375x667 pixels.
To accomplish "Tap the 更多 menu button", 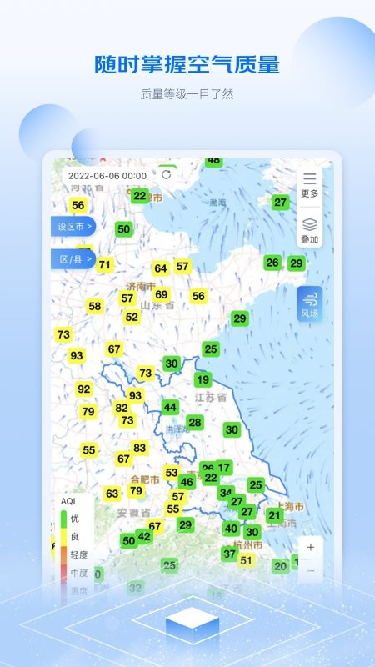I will pyautogui.click(x=310, y=184).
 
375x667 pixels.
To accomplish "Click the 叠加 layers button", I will pyautogui.click(x=310, y=229).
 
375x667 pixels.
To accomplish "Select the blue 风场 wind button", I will pyautogui.click(x=310, y=305).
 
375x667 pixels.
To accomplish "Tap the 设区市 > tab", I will pyautogui.click(x=74, y=226).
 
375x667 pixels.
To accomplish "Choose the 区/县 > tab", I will pyautogui.click(x=74, y=259).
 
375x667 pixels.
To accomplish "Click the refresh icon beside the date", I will pyautogui.click(x=167, y=175).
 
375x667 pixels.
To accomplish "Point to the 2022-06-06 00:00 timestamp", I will pyautogui.click(x=107, y=176).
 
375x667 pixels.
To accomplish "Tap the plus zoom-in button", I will pyautogui.click(x=311, y=548).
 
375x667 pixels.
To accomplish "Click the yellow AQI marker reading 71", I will pyautogui.click(x=104, y=265).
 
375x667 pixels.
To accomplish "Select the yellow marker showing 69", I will pyautogui.click(x=162, y=294).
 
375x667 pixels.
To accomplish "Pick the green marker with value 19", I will pyautogui.click(x=202, y=379).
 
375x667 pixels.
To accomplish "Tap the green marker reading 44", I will pyautogui.click(x=170, y=407).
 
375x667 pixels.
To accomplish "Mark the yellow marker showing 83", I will pyautogui.click(x=140, y=448).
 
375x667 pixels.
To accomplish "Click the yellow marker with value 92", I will pyautogui.click(x=84, y=389).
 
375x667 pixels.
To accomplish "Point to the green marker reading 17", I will pyautogui.click(x=224, y=468).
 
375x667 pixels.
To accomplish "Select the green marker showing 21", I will pyautogui.click(x=274, y=515).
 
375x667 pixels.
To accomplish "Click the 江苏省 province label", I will pyautogui.click(x=210, y=398).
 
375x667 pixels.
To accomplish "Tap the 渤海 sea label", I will pyautogui.click(x=218, y=202).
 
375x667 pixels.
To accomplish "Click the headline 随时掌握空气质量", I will pyautogui.click(x=187, y=64).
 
